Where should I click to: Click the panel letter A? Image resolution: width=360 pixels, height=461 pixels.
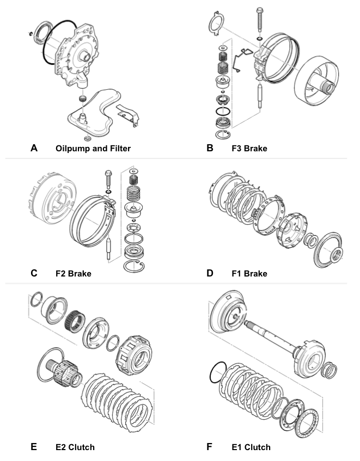click(34, 147)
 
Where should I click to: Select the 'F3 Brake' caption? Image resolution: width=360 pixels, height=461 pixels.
click(249, 148)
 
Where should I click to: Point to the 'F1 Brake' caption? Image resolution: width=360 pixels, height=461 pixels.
click(249, 273)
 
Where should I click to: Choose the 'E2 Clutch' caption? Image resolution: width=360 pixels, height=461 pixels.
click(75, 447)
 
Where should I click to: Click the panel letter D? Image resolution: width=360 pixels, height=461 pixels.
click(210, 273)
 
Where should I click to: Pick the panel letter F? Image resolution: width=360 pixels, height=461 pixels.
click(210, 447)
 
